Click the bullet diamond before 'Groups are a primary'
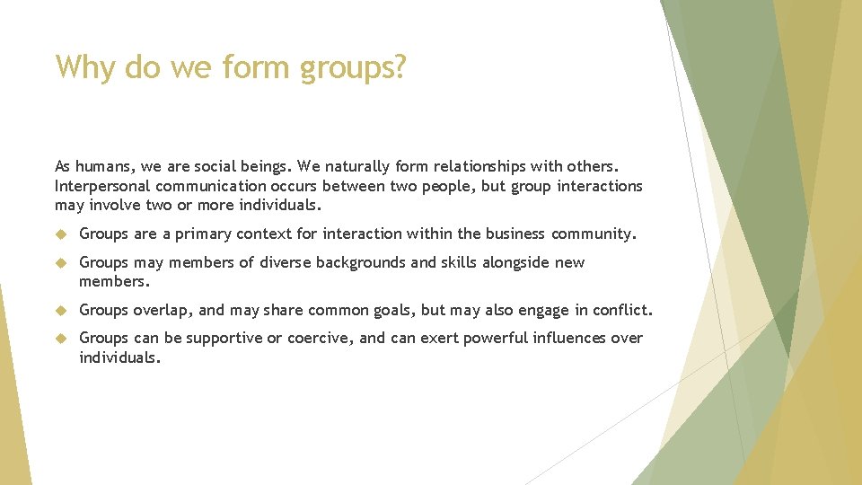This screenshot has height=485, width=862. pos(61,234)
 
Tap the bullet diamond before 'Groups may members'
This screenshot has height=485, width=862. pos(61,263)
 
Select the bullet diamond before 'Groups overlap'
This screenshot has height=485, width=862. pos(61,311)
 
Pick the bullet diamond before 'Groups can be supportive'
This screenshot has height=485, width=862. pos(61,339)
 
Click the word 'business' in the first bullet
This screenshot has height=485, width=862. pos(515,234)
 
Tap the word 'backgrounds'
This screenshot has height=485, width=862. pos(354,262)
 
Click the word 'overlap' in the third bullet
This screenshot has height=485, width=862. pos(164,310)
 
